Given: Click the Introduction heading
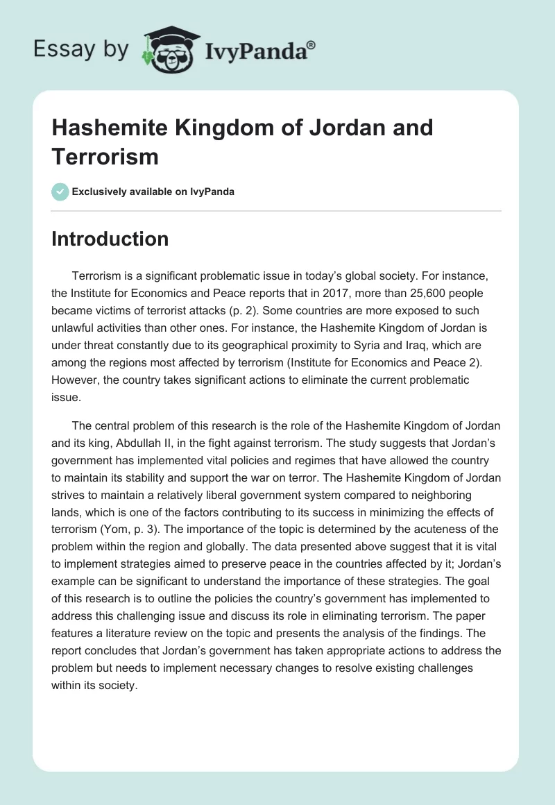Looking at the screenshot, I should pyautogui.click(x=110, y=239).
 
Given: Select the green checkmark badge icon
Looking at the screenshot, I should pyautogui.click(x=60, y=192).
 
